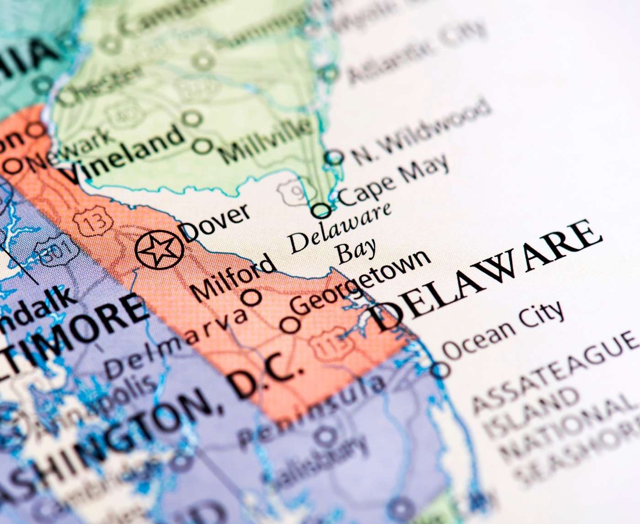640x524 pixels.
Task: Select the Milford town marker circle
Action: pos(251,297)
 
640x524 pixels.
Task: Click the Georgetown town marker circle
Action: pos(290,325)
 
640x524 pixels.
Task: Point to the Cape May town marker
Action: pos(322,211)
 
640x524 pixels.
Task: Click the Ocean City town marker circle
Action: pos(441,369)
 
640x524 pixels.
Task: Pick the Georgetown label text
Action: pos(361,281)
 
